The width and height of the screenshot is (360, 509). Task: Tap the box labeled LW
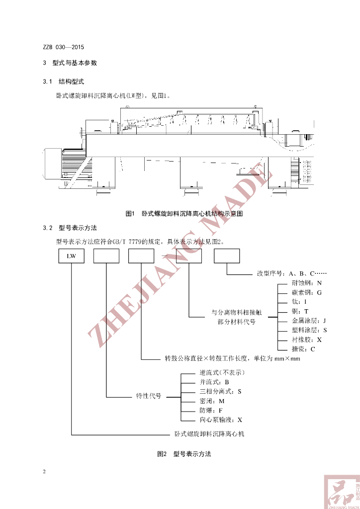(x=72, y=256)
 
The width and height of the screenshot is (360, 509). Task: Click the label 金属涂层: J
(x=309, y=321)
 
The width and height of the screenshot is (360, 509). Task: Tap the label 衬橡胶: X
(x=306, y=339)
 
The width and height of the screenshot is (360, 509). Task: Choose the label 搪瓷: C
(x=303, y=349)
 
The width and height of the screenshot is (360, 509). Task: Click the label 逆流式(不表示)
(x=222, y=372)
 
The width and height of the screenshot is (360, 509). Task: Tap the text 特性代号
(x=149, y=396)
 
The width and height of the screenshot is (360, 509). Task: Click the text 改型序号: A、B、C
(x=292, y=273)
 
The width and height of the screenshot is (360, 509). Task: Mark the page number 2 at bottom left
(x=44, y=471)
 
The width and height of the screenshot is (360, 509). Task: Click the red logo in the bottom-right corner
(x=341, y=492)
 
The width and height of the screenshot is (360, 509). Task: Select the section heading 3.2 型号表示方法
(x=71, y=228)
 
